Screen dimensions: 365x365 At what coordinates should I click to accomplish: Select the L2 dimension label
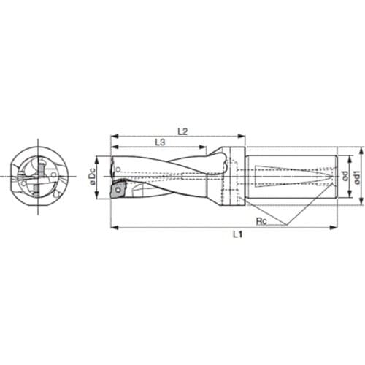click(183, 131)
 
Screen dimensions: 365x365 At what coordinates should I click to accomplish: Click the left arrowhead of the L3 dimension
click(114, 149)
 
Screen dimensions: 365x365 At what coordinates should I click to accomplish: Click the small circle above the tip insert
click(116, 170)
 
